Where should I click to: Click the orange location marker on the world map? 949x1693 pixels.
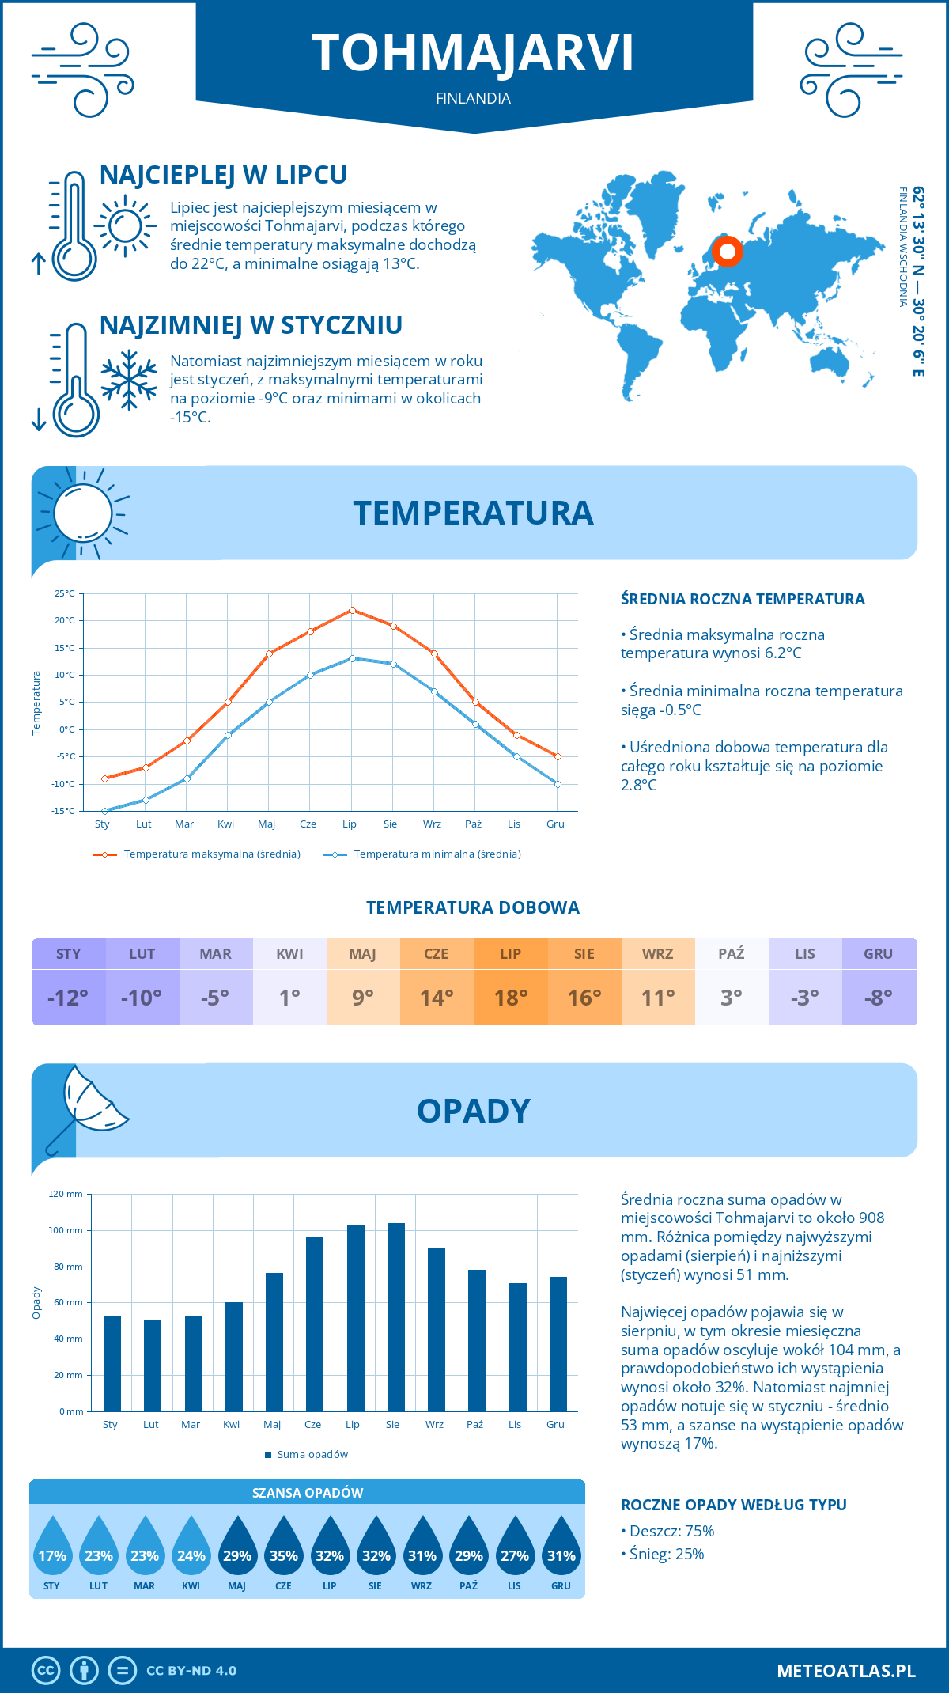[727, 252]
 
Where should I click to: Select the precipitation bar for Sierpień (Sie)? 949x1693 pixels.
[395, 1317]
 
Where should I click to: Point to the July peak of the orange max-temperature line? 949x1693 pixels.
[352, 610]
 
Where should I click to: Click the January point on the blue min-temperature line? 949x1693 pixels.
[104, 811]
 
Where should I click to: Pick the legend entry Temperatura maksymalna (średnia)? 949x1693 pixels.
[198, 854]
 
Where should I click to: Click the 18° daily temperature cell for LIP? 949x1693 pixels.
[511, 998]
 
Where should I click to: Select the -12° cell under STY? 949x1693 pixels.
[69, 998]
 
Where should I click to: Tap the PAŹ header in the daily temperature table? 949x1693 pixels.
[732, 954]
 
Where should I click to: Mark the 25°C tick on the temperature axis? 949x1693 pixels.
[65, 593]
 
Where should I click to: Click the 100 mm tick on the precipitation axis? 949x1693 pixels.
[66, 1230]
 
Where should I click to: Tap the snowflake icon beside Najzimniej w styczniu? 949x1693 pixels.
[129, 380]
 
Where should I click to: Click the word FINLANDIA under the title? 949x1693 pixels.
[473, 98]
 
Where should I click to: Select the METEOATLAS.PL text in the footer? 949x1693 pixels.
[846, 1671]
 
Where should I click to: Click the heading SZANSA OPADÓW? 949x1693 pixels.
[308, 1493]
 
